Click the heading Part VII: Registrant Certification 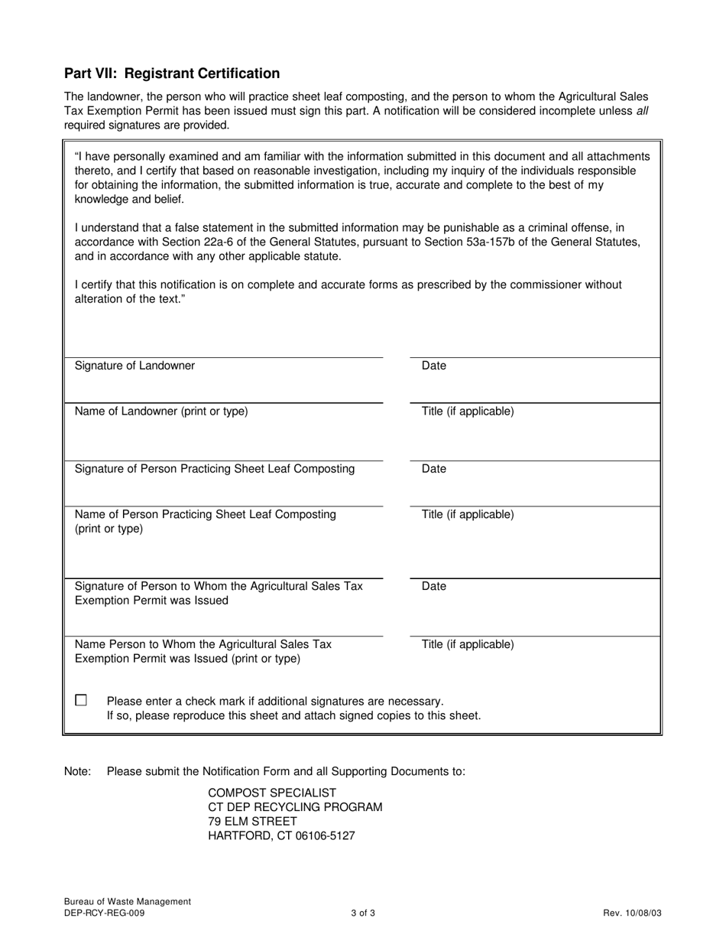pyautogui.click(x=172, y=73)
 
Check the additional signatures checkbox pyautogui.click(x=81, y=700)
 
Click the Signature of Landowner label pyautogui.click(x=135, y=366)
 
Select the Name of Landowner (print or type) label pyautogui.click(x=161, y=412)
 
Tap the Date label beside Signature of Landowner pyautogui.click(x=433, y=366)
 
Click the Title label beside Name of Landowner pyautogui.click(x=468, y=412)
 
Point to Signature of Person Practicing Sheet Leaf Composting pyautogui.click(x=215, y=469)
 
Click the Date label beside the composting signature pyautogui.click(x=433, y=469)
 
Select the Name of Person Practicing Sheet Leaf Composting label pyautogui.click(x=205, y=515)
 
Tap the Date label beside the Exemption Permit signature pyautogui.click(x=433, y=587)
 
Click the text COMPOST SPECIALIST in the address pyautogui.click(x=272, y=793)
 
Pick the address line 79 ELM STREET pyautogui.click(x=253, y=822)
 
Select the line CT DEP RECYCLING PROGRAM pyautogui.click(x=295, y=807)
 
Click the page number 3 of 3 pyautogui.click(x=363, y=913)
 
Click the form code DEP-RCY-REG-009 pyautogui.click(x=104, y=913)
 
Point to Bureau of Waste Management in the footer pyautogui.click(x=128, y=902)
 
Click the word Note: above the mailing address pyautogui.click(x=77, y=771)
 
